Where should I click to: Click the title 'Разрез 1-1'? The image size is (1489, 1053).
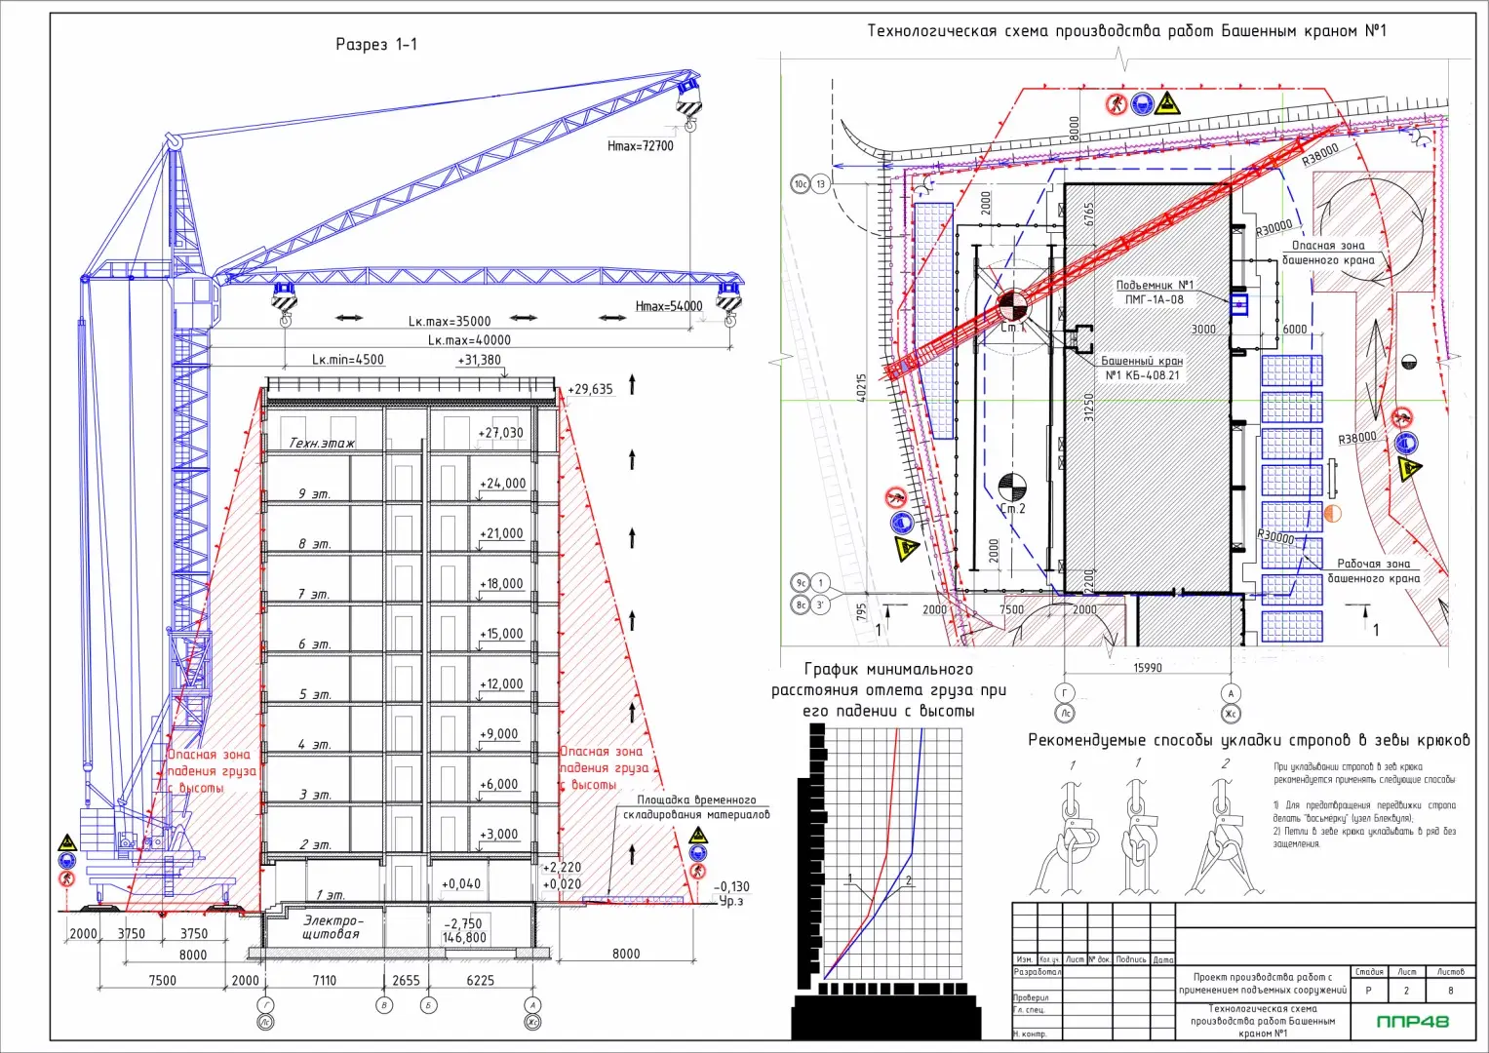tap(376, 44)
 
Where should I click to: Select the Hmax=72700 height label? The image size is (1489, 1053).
tap(640, 146)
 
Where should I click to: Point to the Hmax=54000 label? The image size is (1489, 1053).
tap(668, 306)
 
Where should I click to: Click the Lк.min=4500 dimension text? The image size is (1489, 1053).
tap(348, 360)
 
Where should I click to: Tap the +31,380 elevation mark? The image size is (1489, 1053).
tap(479, 361)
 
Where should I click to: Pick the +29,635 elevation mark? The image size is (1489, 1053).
tap(590, 389)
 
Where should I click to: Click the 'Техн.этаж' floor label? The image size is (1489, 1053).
tap(322, 443)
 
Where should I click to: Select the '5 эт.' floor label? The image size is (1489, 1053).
tap(315, 694)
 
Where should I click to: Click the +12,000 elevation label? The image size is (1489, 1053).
tap(501, 683)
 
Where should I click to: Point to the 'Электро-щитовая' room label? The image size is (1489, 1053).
tap(333, 927)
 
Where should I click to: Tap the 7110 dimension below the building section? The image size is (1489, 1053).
tap(324, 981)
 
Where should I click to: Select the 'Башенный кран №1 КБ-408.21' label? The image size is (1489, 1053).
tap(1142, 368)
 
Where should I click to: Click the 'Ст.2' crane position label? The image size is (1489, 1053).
tap(1012, 509)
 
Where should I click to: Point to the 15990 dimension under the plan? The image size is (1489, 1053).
tap(1148, 668)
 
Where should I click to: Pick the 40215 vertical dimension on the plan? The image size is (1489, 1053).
tap(861, 387)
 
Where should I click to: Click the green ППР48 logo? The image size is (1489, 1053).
tap(1412, 1022)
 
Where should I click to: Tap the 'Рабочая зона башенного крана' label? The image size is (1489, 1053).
tap(1373, 570)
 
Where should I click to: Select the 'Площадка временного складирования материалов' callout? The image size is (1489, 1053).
tap(696, 807)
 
